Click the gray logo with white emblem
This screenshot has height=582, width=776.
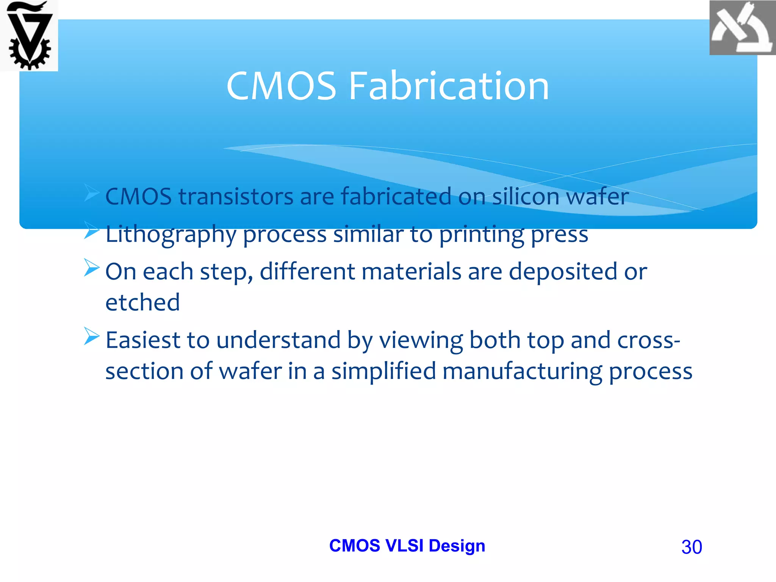pyautogui.click(x=742, y=28)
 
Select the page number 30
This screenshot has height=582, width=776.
pyautogui.click(x=692, y=547)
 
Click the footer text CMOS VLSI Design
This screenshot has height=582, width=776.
pyautogui.click(x=407, y=546)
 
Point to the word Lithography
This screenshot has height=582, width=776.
pyautogui.click(x=171, y=235)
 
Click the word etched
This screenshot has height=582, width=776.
pyautogui.click(x=142, y=302)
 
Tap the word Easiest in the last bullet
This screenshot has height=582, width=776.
pyautogui.click(x=142, y=340)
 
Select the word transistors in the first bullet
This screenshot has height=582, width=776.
pyautogui.click(x=236, y=197)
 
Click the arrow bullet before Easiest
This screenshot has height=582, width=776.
pyautogui.click(x=91, y=336)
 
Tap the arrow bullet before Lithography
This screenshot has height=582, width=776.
pyautogui.click(x=91, y=230)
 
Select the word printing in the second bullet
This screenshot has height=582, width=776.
pyautogui.click(x=481, y=235)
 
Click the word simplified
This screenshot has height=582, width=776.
pyautogui.click(x=383, y=371)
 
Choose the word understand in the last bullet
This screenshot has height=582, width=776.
pyautogui.click(x=278, y=340)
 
